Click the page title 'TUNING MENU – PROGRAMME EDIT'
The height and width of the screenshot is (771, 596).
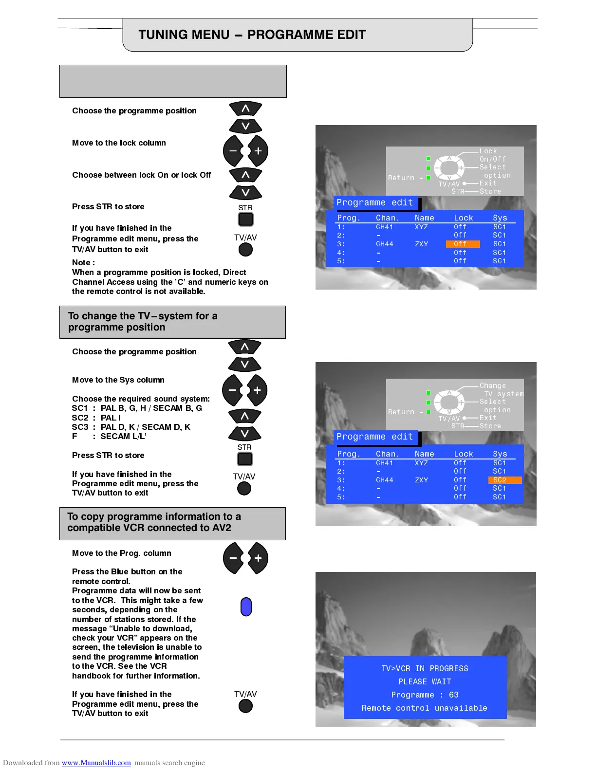252,35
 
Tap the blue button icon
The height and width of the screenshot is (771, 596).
246,606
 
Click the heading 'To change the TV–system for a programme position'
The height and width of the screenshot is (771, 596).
143,322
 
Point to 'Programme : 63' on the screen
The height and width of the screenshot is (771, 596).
425,695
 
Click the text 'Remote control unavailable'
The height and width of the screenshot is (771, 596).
424,708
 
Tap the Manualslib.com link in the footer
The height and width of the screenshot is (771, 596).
96,763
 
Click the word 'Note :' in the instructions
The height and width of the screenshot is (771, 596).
83,262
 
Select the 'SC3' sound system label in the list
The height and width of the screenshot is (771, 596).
80,427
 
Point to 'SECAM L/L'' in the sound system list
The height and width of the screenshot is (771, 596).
123,436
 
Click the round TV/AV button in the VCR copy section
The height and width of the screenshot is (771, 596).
245,706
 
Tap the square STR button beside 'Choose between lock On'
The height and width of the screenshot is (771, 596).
245,220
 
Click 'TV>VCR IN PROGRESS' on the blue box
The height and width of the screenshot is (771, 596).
425,668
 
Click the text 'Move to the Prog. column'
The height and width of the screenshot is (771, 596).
122,553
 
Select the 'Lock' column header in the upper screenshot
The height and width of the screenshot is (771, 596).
463,218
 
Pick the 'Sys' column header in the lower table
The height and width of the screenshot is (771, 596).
500,454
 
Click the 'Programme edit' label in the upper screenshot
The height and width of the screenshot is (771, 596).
374,202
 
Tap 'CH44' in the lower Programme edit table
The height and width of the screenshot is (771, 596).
384,480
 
